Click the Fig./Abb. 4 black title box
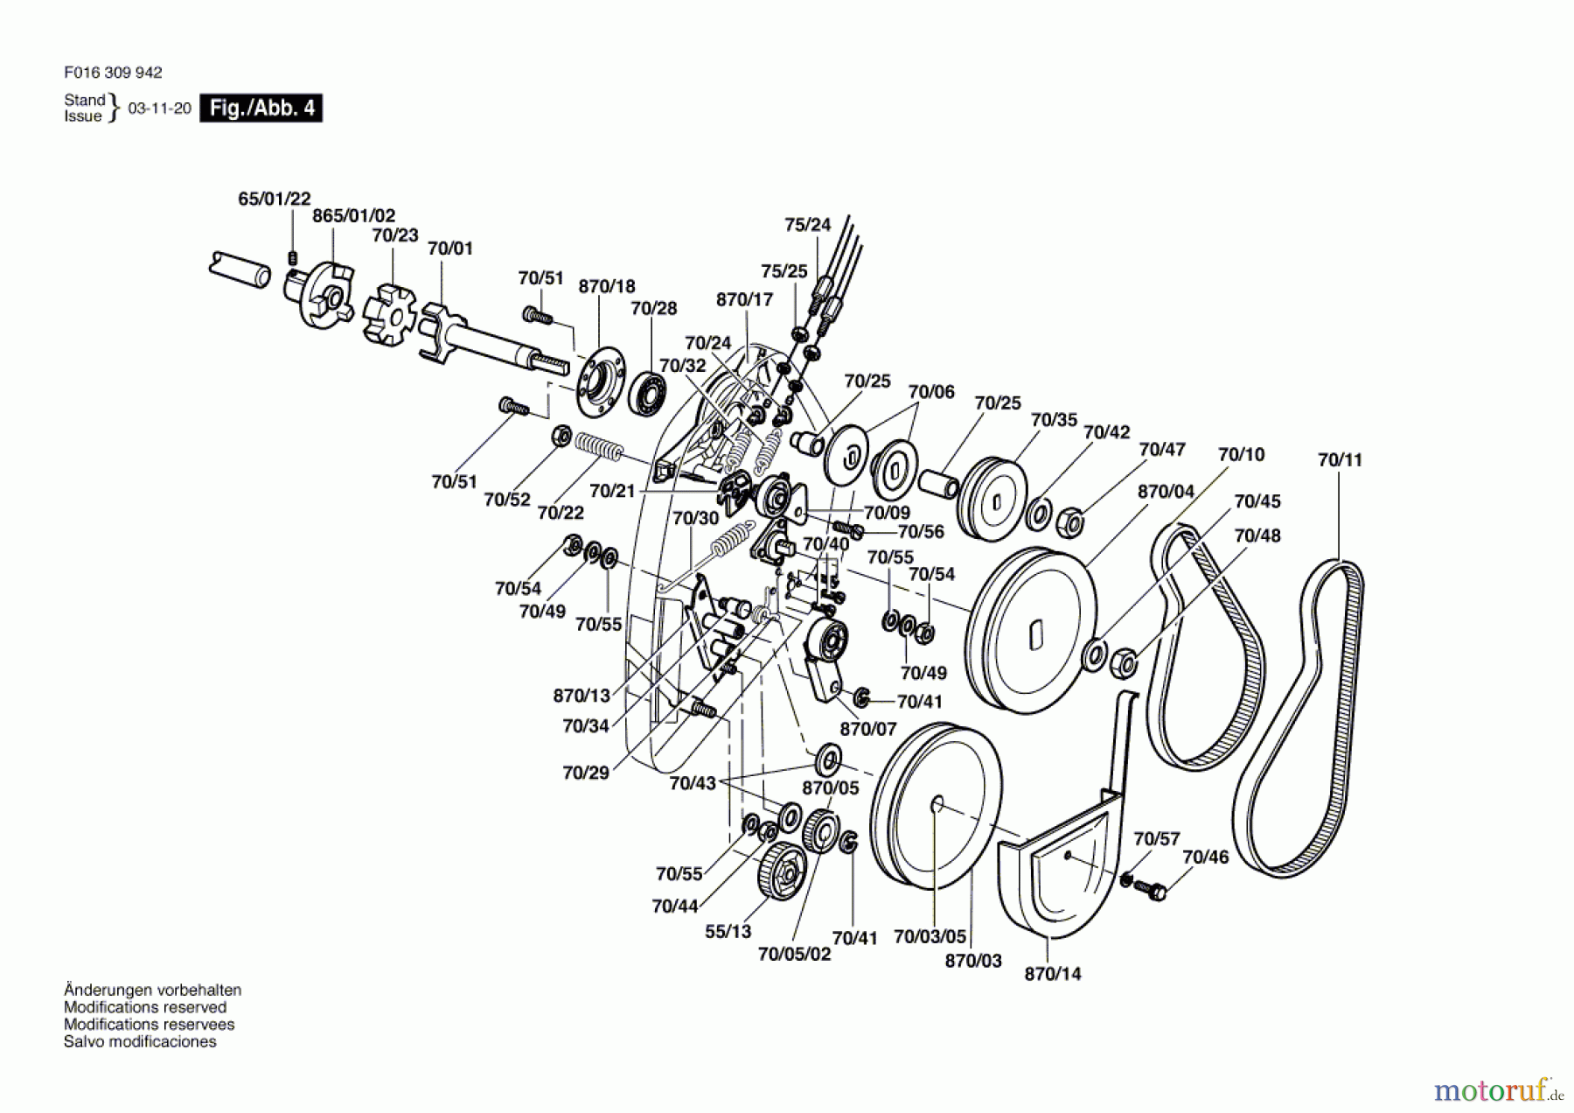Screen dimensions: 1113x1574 tap(261, 108)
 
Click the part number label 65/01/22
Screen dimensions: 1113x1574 tap(274, 199)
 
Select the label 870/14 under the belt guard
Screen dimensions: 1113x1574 tap(1053, 974)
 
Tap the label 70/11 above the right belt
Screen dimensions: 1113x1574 tap(1340, 460)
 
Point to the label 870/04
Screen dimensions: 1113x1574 tap(1166, 492)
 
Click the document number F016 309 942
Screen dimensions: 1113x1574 tap(113, 73)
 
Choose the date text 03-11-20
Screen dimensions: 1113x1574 tap(159, 108)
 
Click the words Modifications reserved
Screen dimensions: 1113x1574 tap(144, 1007)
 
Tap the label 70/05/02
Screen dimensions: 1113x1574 tap(794, 954)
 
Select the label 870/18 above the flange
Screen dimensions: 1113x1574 tap(607, 287)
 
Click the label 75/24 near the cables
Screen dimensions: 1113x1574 tap(807, 225)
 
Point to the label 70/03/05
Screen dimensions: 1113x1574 tap(930, 937)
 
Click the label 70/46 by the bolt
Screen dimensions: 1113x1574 tap(1205, 857)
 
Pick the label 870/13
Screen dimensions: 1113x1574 tap(582, 696)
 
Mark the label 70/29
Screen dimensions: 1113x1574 tap(586, 773)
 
